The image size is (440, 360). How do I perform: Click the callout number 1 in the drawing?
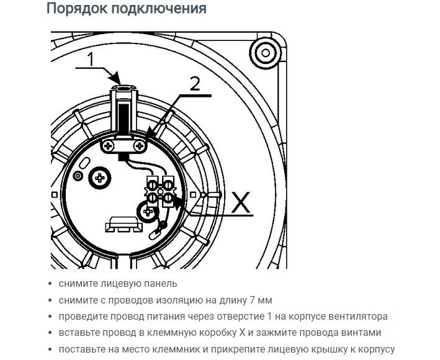pyautogui.click(x=91, y=59)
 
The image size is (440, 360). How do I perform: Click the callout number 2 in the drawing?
pyautogui.click(x=195, y=84)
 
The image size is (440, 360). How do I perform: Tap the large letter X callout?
pyautogui.click(x=241, y=202)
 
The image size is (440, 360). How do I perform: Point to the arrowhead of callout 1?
pyautogui.click(x=116, y=78)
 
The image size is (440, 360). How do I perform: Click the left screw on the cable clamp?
pyautogui.click(x=107, y=146)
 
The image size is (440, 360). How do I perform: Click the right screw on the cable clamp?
pyautogui.click(x=140, y=146)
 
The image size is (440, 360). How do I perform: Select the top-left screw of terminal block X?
pyautogui.click(x=153, y=185)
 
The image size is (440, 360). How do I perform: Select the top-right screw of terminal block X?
pyautogui.click(x=168, y=185)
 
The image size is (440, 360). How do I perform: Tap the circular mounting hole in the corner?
pyautogui.click(x=266, y=53)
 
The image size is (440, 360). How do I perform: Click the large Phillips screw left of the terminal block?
pyautogui.click(x=100, y=178)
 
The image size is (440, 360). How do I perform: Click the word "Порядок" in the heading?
pyautogui.click(x=77, y=9)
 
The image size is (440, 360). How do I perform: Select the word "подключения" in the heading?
pyautogui.click(x=159, y=9)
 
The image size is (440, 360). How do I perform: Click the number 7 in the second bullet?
pyautogui.click(x=251, y=300)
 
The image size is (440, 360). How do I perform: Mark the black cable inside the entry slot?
pyautogui.click(x=123, y=118)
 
